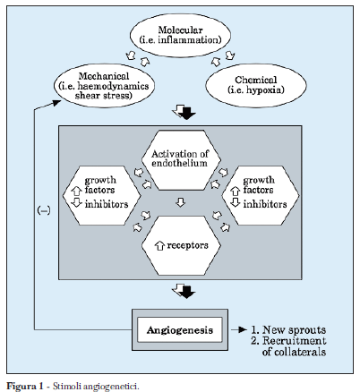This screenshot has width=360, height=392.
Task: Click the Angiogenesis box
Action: click(179, 330)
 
